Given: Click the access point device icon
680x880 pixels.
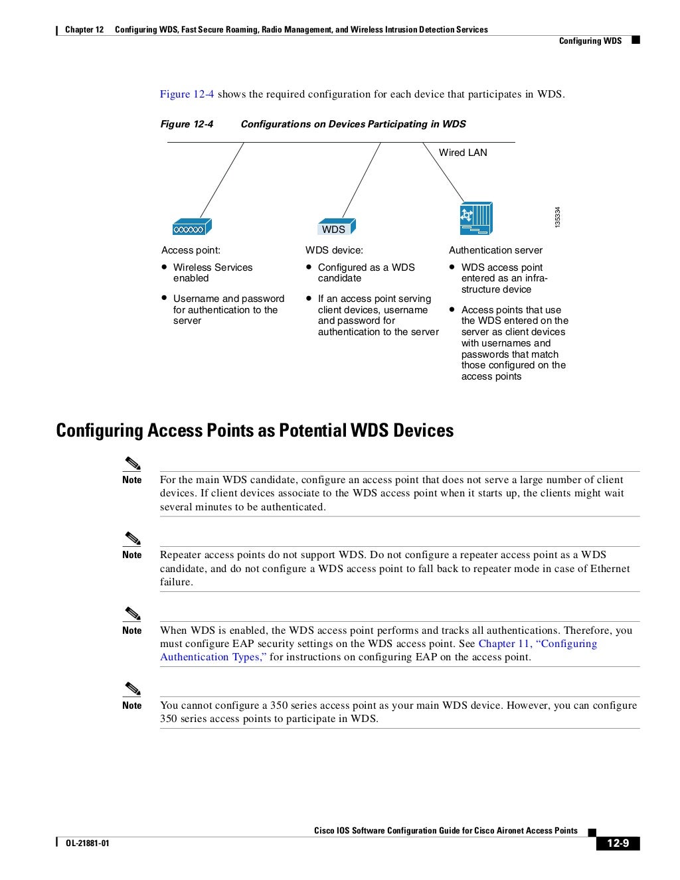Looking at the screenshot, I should (x=191, y=227).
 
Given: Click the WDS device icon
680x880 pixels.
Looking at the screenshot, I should (x=335, y=227).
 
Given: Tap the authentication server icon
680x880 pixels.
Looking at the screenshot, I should (x=476, y=219).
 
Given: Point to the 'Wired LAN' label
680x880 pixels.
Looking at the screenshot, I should (x=463, y=153).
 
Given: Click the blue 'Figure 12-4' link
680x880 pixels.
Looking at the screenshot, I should (x=187, y=94).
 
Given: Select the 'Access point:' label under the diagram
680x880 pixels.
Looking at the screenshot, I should (x=191, y=250).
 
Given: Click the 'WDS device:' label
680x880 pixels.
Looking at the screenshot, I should (x=334, y=250).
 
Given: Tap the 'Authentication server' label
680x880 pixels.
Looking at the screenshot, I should (x=495, y=250).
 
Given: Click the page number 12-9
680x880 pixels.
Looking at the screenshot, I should (x=618, y=843).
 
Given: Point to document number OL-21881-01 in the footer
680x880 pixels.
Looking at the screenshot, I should (x=87, y=843).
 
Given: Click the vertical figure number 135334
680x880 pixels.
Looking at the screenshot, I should (x=558, y=218).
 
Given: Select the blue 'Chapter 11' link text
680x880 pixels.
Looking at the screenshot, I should (x=504, y=644).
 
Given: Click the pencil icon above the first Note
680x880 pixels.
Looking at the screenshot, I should (x=132, y=463).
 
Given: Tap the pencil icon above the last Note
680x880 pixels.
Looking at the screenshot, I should (x=132, y=688).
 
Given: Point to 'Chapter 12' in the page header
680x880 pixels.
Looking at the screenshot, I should (x=84, y=30).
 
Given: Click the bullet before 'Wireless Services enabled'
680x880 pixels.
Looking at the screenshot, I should (x=163, y=267).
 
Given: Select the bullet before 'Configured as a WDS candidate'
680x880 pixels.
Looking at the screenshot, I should (x=309, y=267).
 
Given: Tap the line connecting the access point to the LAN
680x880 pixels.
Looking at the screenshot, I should (x=222, y=179).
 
